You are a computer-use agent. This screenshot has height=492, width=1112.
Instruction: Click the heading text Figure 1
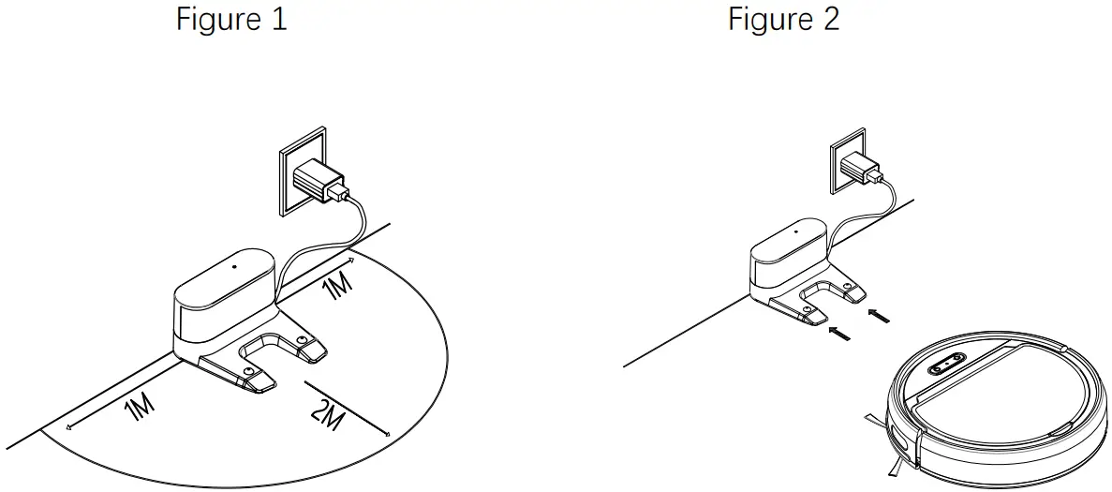[x=231, y=20]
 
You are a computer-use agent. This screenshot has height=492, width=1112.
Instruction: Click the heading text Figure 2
[x=784, y=20]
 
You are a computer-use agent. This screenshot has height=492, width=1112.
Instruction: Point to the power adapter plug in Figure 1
[x=319, y=181]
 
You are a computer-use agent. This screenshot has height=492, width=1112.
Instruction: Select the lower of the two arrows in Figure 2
[x=839, y=332]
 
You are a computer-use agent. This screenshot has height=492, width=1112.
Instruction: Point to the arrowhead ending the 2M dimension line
[x=387, y=433]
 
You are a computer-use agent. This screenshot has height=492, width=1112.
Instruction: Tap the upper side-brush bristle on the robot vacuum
[x=874, y=419]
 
